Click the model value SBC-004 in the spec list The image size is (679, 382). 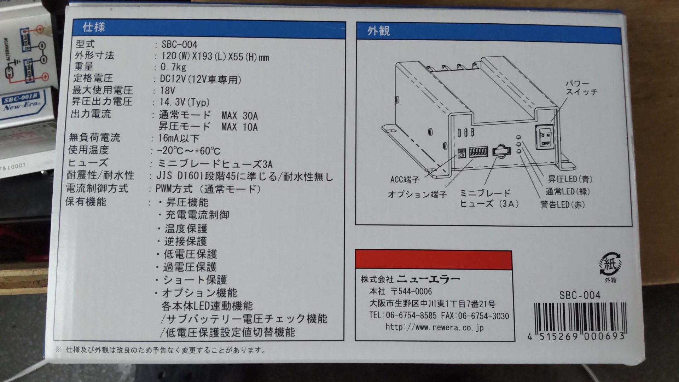[179, 45]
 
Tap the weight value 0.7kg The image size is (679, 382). [173, 67]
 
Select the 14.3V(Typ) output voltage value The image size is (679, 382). [184, 103]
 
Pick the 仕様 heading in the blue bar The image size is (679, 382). [93, 27]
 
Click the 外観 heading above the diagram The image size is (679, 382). [378, 31]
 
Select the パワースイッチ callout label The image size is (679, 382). [581, 88]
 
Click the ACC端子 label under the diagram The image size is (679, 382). [405, 180]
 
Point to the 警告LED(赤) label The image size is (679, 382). [562, 205]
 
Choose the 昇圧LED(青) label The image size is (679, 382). [570, 179]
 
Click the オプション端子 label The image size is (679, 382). [417, 194]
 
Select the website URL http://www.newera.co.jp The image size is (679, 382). [434, 327]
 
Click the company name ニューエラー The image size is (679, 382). [428, 279]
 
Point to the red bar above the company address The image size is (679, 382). [433, 259]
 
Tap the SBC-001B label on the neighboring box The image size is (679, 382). [21, 99]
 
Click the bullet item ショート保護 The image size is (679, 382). [195, 280]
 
